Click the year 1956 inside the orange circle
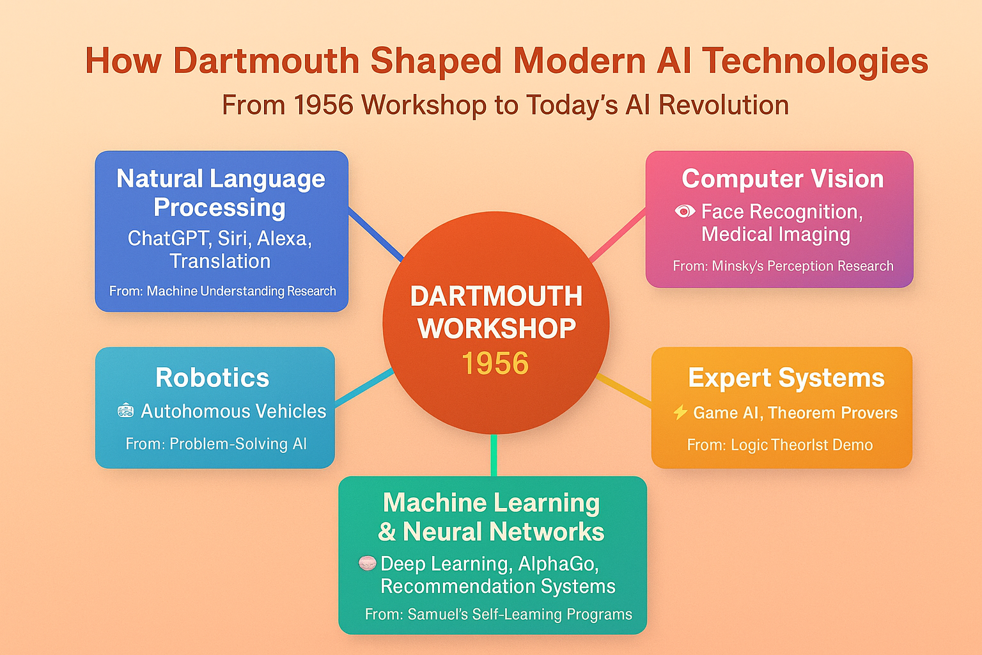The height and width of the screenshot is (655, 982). click(495, 363)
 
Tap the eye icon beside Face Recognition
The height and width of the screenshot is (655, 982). click(685, 212)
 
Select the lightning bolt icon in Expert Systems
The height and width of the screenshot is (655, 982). click(680, 413)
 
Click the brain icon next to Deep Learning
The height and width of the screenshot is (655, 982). click(367, 563)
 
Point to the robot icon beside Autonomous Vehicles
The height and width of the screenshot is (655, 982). click(126, 411)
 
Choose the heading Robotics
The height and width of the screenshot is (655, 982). click(212, 377)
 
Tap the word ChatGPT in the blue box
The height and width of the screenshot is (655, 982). click(168, 239)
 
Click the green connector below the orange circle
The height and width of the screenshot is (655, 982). click(494, 455)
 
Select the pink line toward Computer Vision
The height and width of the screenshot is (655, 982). click(618, 235)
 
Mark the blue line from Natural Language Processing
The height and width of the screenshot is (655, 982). click(376, 234)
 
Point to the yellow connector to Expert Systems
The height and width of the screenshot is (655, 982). click(624, 390)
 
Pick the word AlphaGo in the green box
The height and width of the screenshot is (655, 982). click(559, 564)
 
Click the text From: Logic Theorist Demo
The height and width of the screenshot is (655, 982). click(779, 445)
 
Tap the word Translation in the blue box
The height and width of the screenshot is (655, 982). click(220, 262)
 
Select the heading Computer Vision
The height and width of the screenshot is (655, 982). click(783, 179)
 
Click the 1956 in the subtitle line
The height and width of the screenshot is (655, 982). click(323, 106)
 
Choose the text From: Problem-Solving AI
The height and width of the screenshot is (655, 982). click(216, 443)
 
